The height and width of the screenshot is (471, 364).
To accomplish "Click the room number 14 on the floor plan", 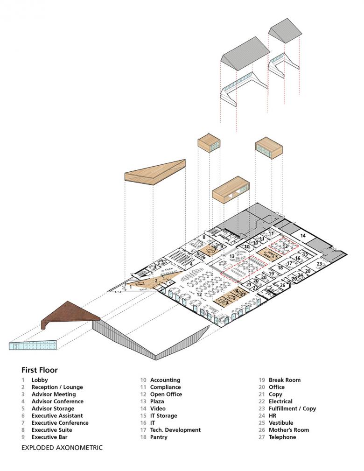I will tap(303, 236).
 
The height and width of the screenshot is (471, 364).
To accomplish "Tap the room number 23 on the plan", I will tap(319, 264).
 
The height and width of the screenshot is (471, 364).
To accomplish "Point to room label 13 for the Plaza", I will tap(232, 256).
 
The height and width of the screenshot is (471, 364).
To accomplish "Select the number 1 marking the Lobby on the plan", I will tap(131, 287).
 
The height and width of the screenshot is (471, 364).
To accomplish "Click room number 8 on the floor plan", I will tap(204, 238).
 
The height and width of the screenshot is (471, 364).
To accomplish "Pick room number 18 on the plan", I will tap(280, 267).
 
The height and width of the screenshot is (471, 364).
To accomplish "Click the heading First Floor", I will tap(40, 370).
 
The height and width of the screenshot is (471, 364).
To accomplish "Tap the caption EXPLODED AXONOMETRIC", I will tap(62, 448).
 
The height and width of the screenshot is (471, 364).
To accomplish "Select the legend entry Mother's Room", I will tap(288, 430).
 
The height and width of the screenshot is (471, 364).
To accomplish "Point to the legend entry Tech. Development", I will tap(175, 430).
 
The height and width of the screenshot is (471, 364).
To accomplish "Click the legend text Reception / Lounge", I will tap(57, 387).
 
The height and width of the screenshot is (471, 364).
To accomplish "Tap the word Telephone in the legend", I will tap(282, 437).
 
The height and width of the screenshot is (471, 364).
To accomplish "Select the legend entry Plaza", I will tap(158, 401).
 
